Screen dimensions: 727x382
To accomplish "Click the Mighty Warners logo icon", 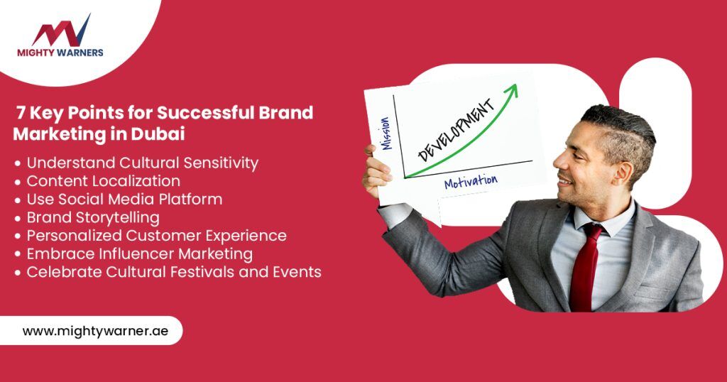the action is [61, 31].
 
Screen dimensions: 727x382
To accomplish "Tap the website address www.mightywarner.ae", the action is [96, 331].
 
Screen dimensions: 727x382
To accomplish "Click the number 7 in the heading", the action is [21, 113].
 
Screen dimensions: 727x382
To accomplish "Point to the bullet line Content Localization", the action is [104, 181].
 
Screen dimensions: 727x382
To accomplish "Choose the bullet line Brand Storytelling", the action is [93, 217].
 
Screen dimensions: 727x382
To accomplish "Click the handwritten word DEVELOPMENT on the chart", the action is [457, 130].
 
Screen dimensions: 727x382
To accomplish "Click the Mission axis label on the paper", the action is [386, 133].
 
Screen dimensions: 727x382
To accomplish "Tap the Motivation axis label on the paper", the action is [471, 181].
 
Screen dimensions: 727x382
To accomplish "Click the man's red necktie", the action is [585, 266].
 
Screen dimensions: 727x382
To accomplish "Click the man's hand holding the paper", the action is [376, 170].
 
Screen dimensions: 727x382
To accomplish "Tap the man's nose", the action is [559, 160].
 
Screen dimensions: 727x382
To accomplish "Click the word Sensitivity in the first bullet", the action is [221, 163].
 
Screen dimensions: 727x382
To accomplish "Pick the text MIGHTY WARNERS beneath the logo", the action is [60, 53].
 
